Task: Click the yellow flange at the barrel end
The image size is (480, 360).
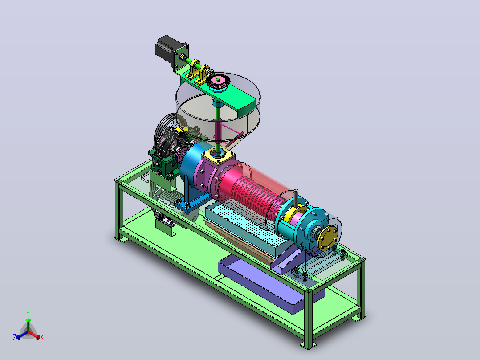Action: tap(327, 237)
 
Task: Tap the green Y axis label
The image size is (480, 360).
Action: tap(28, 314)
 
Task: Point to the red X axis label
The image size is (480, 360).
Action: tap(42, 337)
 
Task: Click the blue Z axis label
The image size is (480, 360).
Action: tap(15, 337)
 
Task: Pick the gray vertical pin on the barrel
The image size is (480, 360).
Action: tap(296, 198)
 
